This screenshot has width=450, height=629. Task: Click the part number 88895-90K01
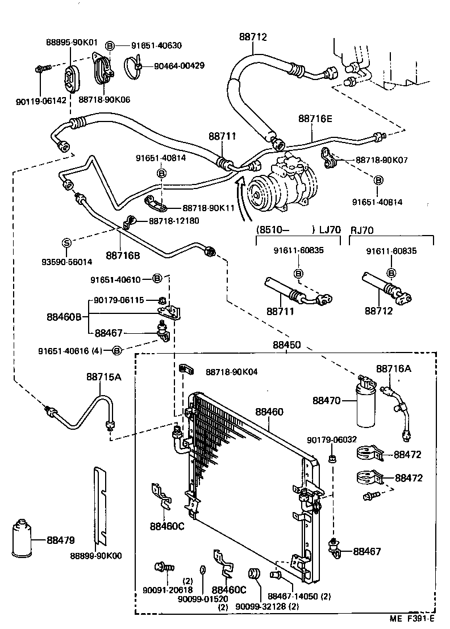coord(71,42)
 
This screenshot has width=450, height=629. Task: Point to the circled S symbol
coord(66,242)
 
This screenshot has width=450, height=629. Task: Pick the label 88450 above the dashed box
coord(287,345)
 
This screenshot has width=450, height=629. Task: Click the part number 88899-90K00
coord(96,556)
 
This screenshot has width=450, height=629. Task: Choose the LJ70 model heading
coord(328,230)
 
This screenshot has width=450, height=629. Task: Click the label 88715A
coord(103,376)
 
